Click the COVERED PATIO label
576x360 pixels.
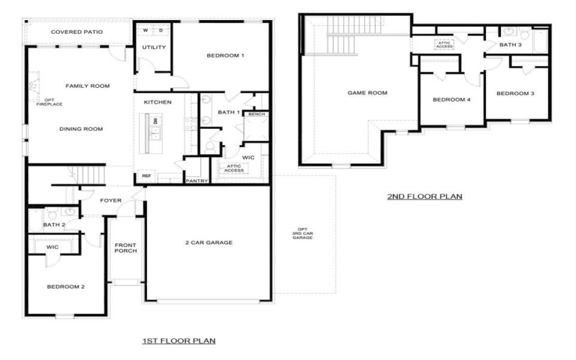click(76, 32)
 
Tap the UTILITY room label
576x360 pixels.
click(153, 48)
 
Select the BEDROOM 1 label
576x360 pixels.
click(225, 56)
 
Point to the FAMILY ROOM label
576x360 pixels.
click(87, 86)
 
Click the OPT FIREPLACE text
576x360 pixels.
click(45, 102)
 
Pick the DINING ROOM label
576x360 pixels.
click(81, 129)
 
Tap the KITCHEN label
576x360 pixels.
click(158, 102)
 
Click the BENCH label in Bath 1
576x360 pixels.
click(256, 114)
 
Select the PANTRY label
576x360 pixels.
click(197, 181)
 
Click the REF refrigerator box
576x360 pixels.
click(146, 175)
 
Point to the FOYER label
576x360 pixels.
click(111, 200)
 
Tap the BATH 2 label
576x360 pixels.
click(54, 225)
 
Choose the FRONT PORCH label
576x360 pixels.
click(125, 249)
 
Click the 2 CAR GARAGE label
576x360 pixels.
click(209, 243)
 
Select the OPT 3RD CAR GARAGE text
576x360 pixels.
click(303, 233)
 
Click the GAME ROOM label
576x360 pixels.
click(367, 93)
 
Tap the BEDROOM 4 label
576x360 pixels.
click(451, 99)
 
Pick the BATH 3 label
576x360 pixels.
click(510, 45)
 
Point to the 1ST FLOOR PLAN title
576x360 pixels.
click(179, 341)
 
